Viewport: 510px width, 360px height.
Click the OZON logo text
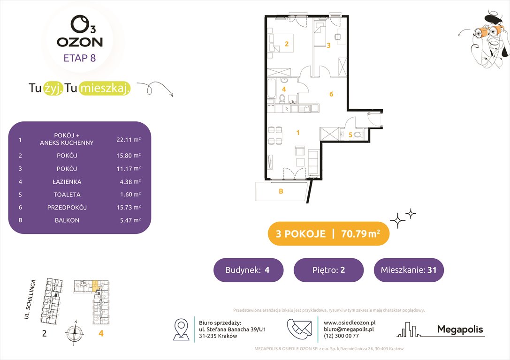79,42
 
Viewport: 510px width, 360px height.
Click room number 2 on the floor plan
286,45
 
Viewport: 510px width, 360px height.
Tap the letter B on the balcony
281,191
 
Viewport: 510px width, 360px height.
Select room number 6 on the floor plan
331,94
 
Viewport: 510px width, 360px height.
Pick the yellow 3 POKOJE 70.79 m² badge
328,234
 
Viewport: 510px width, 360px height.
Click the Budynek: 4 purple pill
248,270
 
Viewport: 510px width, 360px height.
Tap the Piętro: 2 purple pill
328,270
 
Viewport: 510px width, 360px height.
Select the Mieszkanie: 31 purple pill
408,270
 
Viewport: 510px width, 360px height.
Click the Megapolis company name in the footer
460,330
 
